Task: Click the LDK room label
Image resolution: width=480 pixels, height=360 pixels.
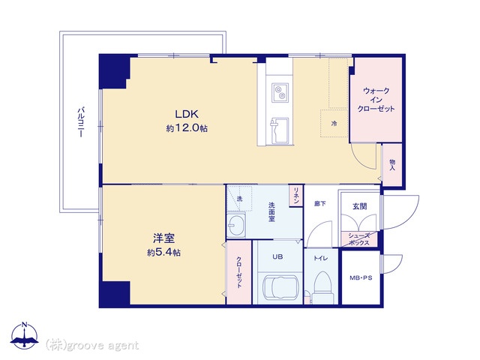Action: point(187,114)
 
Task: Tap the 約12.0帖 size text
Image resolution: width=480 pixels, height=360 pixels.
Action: point(187,128)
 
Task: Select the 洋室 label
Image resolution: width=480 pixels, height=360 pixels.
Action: point(163,238)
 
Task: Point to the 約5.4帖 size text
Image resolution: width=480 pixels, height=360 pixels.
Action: point(163,253)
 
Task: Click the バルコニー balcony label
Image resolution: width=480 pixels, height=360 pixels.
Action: point(81,121)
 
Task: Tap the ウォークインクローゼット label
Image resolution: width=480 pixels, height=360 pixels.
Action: point(376,100)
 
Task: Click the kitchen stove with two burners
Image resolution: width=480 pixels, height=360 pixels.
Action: point(280,92)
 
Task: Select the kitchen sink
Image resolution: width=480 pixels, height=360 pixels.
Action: point(279,131)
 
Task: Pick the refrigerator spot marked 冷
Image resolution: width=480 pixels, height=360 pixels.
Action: point(334,123)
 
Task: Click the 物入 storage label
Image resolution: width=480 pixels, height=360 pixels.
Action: point(392,165)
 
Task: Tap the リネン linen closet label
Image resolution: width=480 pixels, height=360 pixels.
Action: point(296,195)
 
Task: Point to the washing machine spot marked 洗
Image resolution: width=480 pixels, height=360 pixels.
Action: point(239,198)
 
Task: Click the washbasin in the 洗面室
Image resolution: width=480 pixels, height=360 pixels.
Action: point(236,225)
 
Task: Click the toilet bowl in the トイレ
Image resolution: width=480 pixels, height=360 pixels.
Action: point(322,283)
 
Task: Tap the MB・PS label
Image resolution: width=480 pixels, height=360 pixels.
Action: point(361,278)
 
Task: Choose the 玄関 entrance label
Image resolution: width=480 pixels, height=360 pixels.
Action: point(360,206)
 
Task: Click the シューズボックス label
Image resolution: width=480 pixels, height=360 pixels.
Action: point(359,239)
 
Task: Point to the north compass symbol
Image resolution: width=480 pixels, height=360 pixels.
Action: point(25,336)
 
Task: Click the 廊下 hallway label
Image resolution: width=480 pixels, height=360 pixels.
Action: point(320,203)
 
